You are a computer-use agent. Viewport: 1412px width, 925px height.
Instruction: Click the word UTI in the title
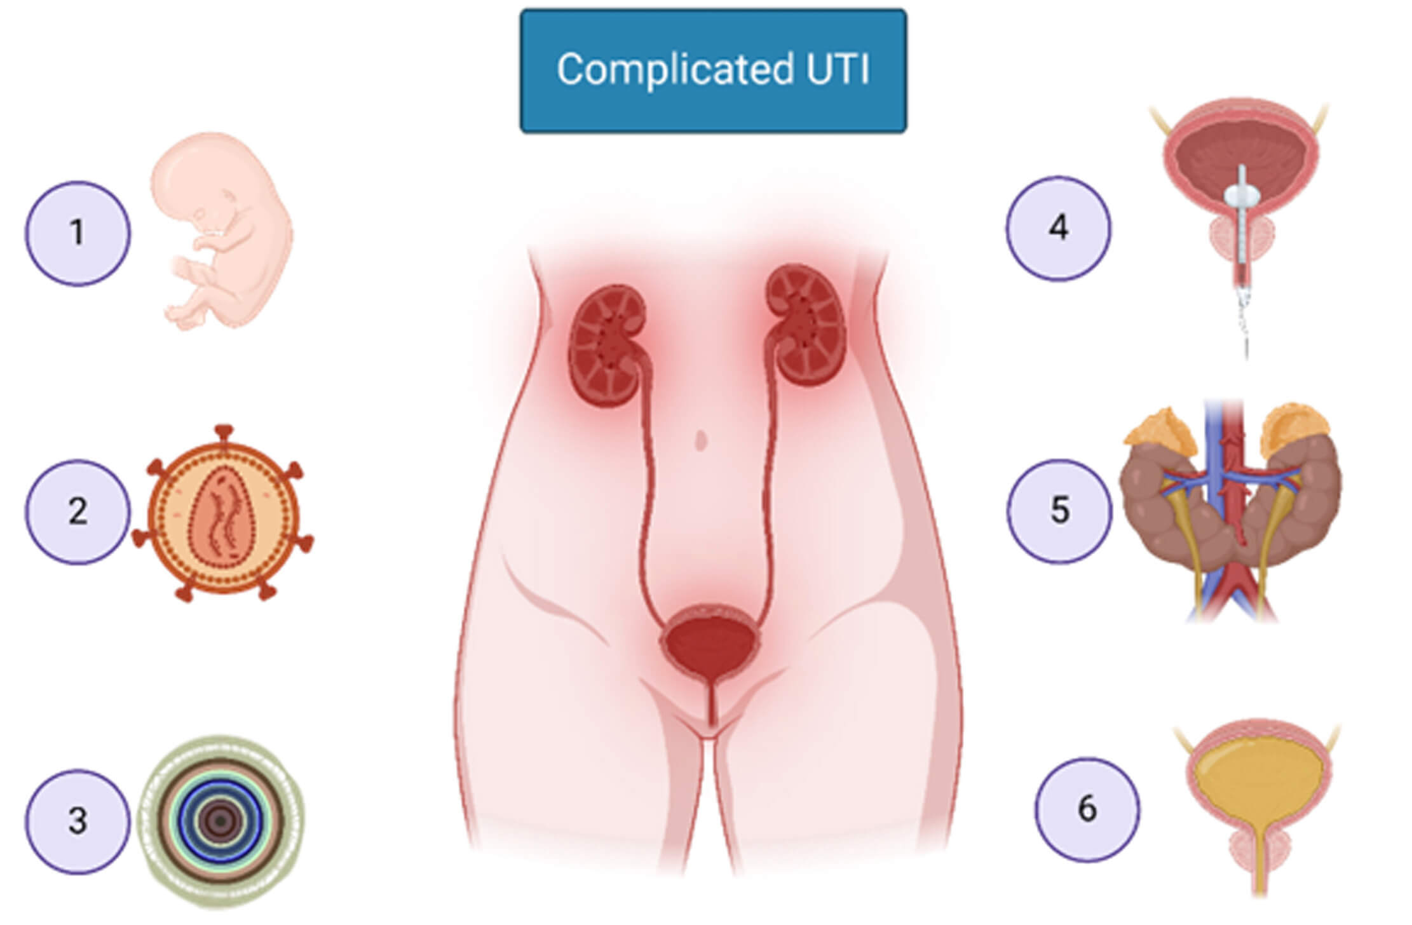[838, 69]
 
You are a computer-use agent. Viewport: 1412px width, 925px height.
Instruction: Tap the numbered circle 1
[78, 233]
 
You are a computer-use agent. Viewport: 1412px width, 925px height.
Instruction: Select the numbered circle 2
[78, 512]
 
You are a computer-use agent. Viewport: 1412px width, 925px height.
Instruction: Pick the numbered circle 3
[78, 821]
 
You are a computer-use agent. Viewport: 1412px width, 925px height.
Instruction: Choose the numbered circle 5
[1059, 511]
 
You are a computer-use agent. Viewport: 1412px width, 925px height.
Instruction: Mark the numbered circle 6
[1087, 809]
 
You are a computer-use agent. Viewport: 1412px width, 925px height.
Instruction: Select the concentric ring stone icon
[221, 821]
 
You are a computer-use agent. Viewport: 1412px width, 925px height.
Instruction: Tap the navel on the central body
[701, 440]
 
